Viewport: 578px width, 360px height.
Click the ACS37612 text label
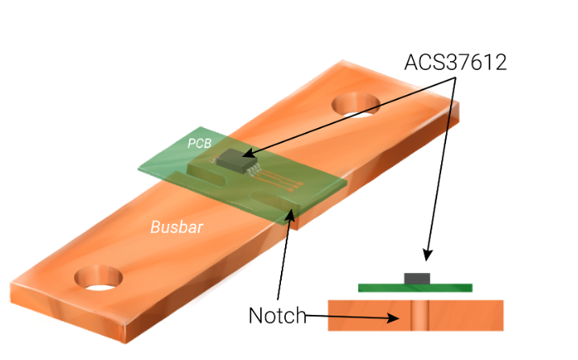click(456, 62)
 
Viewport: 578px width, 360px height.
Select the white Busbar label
click(176, 227)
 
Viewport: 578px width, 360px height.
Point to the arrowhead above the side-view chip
click(427, 255)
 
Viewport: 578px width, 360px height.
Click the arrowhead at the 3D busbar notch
click(291, 213)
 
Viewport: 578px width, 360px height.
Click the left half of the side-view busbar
click(366, 315)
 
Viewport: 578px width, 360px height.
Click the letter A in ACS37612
click(411, 62)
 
